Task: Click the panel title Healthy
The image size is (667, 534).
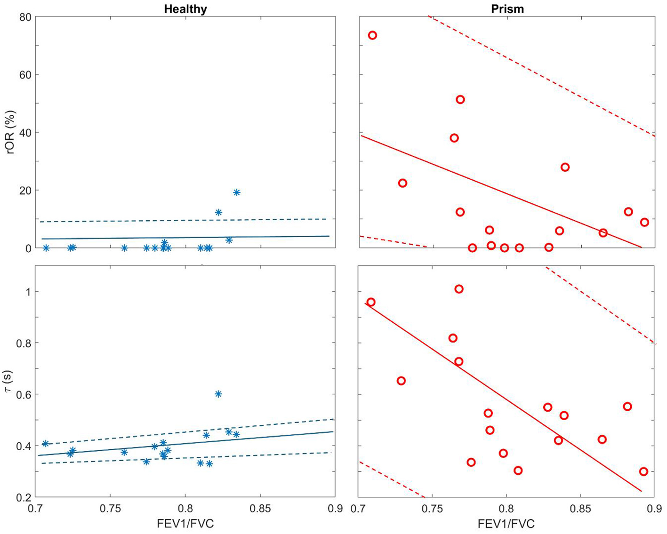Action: [185, 9]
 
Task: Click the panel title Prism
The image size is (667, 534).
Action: [507, 9]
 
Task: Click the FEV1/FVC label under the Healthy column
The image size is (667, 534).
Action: [185, 523]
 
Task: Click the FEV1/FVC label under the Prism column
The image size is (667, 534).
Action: [506, 523]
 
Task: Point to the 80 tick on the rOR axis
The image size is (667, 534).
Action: [25, 17]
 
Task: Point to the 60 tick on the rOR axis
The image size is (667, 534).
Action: [25, 75]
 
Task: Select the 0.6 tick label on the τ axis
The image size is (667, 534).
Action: [24, 394]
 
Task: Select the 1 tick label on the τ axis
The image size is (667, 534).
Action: [28, 292]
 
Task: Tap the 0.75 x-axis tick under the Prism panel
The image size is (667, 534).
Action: [432, 509]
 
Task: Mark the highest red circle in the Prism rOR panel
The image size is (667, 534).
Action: [372, 35]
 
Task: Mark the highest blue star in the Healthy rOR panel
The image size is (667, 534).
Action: [237, 192]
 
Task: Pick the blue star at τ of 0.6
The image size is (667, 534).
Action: [218, 394]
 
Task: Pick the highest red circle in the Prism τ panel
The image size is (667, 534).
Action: [459, 289]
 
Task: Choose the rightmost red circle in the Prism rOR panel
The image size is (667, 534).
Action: [644, 222]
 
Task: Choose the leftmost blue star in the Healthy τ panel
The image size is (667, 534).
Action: [45, 444]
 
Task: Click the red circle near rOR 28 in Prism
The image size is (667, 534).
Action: [565, 167]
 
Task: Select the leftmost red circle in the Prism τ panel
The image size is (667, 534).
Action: [371, 302]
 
